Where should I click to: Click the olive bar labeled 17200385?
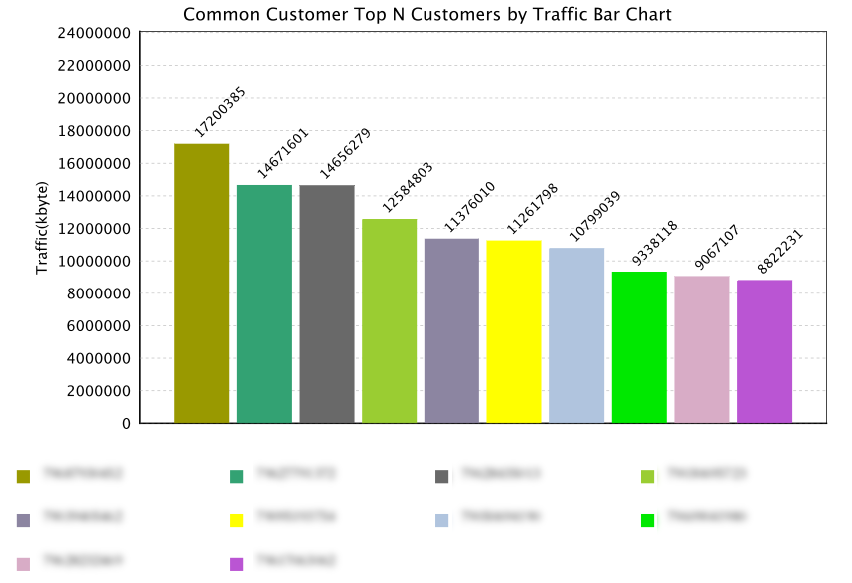(201, 284)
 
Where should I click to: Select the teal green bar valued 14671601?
(264, 303)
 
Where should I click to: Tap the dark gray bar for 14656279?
(327, 303)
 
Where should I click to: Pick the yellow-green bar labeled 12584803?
(389, 320)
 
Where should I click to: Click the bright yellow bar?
(514, 331)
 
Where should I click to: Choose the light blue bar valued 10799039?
(576, 335)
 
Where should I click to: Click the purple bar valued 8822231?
(764, 351)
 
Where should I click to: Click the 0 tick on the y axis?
(126, 424)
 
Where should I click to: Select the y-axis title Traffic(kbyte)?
(43, 228)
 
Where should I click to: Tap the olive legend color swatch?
(24, 476)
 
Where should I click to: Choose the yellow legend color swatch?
(237, 520)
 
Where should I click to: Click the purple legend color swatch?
(237, 564)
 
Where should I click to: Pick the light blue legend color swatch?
(442, 520)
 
